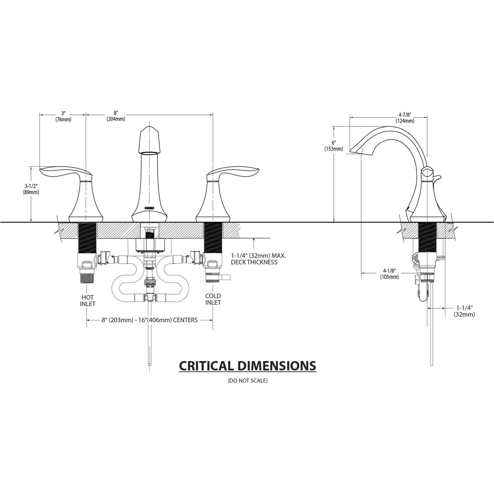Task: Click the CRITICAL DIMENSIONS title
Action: [247, 366]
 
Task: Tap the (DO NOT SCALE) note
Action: [247, 381]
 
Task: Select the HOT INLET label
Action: [88, 301]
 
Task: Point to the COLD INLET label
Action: [213, 299]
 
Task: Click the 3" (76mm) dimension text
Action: [63, 117]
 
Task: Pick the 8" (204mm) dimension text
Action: [116, 116]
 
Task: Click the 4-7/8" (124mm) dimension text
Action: [405, 118]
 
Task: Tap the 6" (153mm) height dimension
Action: [334, 146]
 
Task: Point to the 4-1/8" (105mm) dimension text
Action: [389, 274]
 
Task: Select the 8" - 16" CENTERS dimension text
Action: [150, 320]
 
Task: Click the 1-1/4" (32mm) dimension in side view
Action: [464, 311]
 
